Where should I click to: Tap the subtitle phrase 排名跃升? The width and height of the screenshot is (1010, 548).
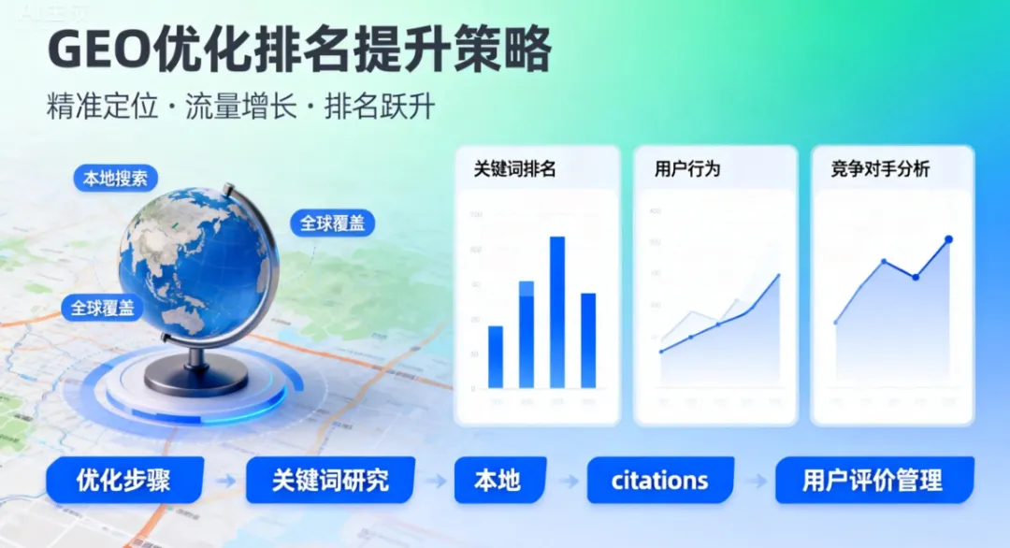[x=380, y=106]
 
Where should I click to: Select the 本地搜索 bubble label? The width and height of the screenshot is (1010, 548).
[x=115, y=178]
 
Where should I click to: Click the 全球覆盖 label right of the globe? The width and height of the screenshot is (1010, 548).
[x=332, y=224]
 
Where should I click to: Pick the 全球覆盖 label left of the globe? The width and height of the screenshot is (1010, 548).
[x=103, y=307]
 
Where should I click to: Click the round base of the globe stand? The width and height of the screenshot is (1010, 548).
[x=197, y=375]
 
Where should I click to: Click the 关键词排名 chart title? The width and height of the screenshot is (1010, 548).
[x=515, y=169]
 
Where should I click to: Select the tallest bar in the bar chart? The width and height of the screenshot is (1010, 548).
[x=556, y=311]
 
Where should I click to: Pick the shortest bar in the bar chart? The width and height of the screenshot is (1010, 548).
[x=496, y=356]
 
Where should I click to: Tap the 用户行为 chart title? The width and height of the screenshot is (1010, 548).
[x=687, y=169]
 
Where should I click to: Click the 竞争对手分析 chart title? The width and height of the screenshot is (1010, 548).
[x=880, y=169]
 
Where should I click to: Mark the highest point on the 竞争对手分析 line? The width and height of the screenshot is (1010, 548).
[x=948, y=239]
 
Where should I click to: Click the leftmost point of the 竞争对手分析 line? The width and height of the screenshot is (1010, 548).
[x=836, y=323]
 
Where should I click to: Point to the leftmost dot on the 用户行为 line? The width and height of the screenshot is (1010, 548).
[x=661, y=352]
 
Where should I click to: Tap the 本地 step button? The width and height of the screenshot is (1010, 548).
[x=497, y=481]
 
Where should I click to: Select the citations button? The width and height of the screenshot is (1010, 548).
[x=659, y=481]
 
